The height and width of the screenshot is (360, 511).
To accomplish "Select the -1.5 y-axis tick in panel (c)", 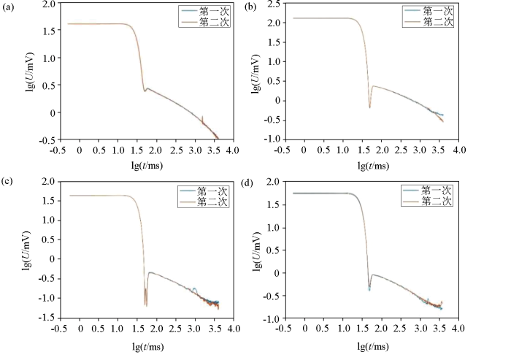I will coord(45,318).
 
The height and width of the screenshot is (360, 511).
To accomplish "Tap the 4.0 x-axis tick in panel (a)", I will coord(232,149).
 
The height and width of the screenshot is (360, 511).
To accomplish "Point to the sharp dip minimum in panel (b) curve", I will coord(369,107).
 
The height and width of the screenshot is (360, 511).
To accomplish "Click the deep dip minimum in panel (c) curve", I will coord(145,305).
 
